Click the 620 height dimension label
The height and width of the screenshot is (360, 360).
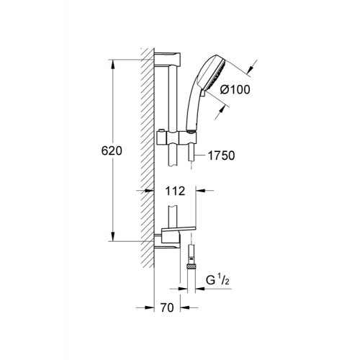coord(112,151)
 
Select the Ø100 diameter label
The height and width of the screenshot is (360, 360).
coord(235,89)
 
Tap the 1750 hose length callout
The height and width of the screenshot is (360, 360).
coord(221,156)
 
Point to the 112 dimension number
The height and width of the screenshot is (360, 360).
coord(175,191)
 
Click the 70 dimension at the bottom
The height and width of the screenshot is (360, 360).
coord(167,307)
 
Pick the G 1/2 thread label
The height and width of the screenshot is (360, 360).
coord(217,280)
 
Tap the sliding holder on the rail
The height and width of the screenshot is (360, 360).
coord(176,138)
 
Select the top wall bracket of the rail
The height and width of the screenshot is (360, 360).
coord(167,59)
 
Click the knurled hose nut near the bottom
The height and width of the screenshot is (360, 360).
coord(191,266)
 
